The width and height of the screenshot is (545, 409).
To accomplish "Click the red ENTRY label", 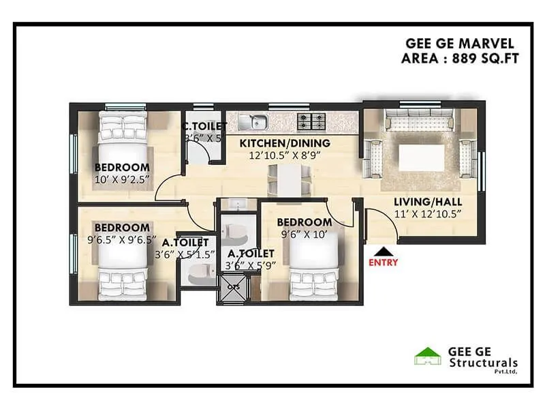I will click(x=383, y=262).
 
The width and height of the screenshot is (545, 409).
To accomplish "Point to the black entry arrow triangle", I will click(x=383, y=250).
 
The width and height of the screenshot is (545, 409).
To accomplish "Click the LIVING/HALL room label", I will click(x=428, y=202).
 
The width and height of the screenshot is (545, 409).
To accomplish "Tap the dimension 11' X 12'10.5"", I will click(x=428, y=214).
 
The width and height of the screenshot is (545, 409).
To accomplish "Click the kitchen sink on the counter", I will click(x=258, y=123).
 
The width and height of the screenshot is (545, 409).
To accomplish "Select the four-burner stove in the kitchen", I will click(x=311, y=123).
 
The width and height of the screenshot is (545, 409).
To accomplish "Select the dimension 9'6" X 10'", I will click(x=304, y=234).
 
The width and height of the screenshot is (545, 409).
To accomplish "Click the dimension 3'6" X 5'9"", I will click(x=250, y=265).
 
